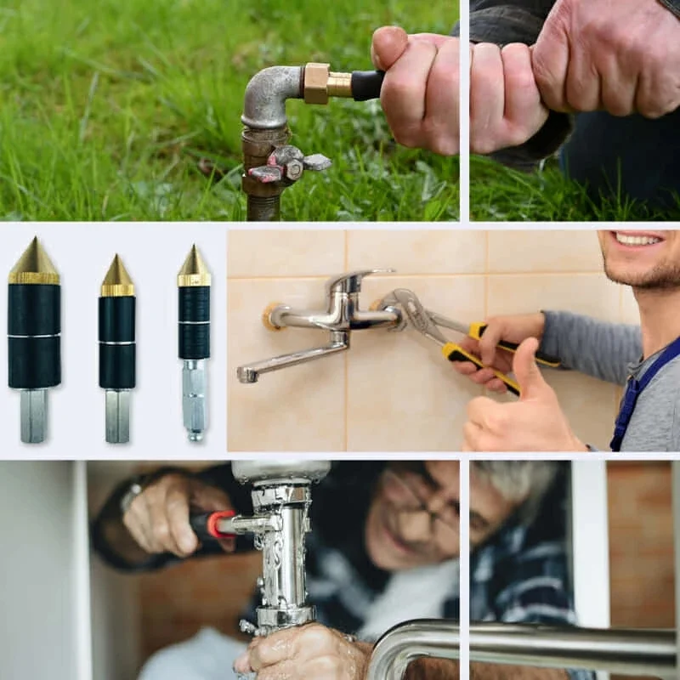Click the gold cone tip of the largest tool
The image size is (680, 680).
34,262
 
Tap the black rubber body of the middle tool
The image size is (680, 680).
117,340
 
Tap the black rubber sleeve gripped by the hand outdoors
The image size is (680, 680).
367,85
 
